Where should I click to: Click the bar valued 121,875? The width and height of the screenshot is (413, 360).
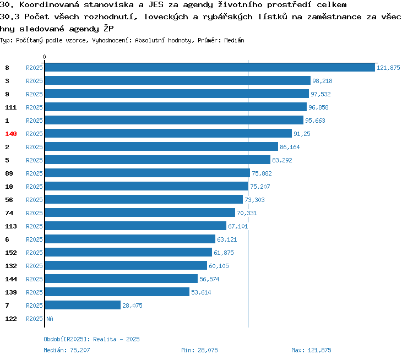tap(210, 67)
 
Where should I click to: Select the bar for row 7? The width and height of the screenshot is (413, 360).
tap(83, 305)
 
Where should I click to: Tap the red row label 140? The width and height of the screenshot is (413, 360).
tap(11, 134)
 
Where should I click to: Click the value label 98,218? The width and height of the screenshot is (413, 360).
tap(322, 81)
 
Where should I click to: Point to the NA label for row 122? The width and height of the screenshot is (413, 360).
tap(50, 319)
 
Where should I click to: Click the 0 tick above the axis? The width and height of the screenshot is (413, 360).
tap(44, 57)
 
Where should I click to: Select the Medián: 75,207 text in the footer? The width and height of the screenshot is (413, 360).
tap(67, 350)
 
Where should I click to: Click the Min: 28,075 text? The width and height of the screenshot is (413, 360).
tap(199, 350)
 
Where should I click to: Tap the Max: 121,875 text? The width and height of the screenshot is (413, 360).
tap(311, 350)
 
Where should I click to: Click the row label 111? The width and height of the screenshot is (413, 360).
tap(11, 107)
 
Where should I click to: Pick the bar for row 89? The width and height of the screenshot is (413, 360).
tap(148, 173)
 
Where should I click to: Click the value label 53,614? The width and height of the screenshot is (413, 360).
tap(201, 292)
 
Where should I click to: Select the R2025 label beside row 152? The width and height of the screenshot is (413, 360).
tap(34, 253)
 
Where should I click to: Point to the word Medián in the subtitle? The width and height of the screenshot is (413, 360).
tap(234, 40)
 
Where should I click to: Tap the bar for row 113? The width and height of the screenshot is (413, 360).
tap(135, 226)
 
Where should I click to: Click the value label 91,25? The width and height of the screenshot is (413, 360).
tap(302, 134)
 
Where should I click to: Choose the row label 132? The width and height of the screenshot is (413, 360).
tap(11, 266)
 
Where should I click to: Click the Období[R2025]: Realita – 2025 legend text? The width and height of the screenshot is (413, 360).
tap(91, 339)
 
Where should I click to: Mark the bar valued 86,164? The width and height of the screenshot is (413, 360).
tap(161, 146)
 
